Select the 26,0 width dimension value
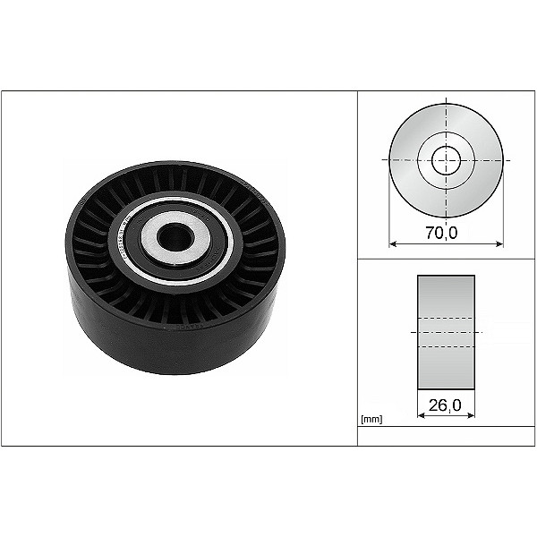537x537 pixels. (x=446, y=405)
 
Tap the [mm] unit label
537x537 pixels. (x=371, y=419)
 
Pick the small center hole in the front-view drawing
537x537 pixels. (x=445, y=161)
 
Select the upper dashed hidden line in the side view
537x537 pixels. (x=446, y=320)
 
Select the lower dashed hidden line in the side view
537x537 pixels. (x=446, y=345)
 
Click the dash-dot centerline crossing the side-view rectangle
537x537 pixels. (x=446, y=332)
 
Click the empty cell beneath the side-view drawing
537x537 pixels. (x=446, y=436)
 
